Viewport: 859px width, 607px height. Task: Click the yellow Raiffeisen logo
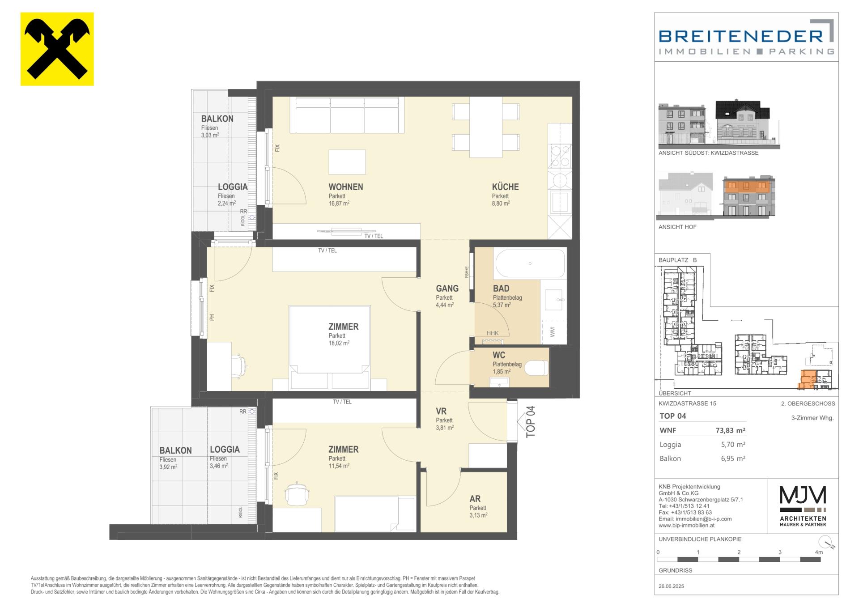[x=57, y=49]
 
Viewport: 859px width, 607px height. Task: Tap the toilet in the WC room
[x=536, y=368]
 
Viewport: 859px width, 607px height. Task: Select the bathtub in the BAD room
[x=530, y=263]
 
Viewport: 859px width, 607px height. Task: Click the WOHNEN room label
[x=346, y=187]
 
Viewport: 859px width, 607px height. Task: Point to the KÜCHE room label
[x=506, y=187]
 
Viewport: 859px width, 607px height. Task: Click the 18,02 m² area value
[x=339, y=343]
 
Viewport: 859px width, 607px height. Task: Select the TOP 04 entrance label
[x=531, y=421]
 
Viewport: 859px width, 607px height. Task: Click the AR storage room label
[x=475, y=499]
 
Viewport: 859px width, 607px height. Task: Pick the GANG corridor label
[x=447, y=289]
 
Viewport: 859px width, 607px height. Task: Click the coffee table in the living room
[x=347, y=162]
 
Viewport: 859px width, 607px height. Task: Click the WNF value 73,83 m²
[x=730, y=431]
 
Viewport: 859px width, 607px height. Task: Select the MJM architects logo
[x=803, y=507]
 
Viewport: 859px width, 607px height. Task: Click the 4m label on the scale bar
[x=819, y=552]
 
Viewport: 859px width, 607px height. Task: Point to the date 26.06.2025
[x=671, y=586]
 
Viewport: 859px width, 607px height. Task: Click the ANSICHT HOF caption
[x=677, y=227]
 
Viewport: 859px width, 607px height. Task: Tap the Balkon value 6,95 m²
[x=733, y=458]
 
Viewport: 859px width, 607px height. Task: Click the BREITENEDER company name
[x=741, y=36]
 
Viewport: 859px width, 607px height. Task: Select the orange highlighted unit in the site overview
[x=807, y=379]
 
